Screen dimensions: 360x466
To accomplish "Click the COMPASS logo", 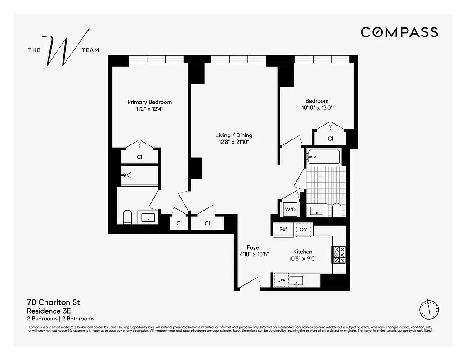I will pyautogui.click(x=399, y=32).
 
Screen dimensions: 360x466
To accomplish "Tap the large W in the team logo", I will pyautogui.click(x=66, y=50).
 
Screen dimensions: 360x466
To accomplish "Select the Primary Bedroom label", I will pyautogui.click(x=149, y=102).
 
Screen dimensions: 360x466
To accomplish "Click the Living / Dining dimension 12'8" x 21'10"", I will pyautogui.click(x=233, y=142).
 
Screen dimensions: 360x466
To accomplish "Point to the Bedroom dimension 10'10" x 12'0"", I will pyautogui.click(x=317, y=108).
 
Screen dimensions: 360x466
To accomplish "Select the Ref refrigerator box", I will pyautogui.click(x=283, y=229).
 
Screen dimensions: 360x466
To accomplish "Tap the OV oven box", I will pyautogui.click(x=303, y=229).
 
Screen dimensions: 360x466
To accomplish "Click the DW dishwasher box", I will pyautogui.click(x=281, y=280).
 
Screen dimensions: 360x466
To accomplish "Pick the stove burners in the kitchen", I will pyautogui.click(x=339, y=255).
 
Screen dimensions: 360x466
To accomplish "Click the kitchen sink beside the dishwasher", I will pyautogui.click(x=296, y=281).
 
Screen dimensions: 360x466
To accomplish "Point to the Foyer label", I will pyautogui.click(x=254, y=247).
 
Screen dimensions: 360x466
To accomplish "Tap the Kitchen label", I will pyautogui.click(x=302, y=252).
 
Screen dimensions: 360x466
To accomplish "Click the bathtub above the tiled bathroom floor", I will pyautogui.click(x=323, y=157).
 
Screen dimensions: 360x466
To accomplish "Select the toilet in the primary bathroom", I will pyautogui.click(x=127, y=217).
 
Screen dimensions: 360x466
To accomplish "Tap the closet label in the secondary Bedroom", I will pyautogui.click(x=330, y=139).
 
